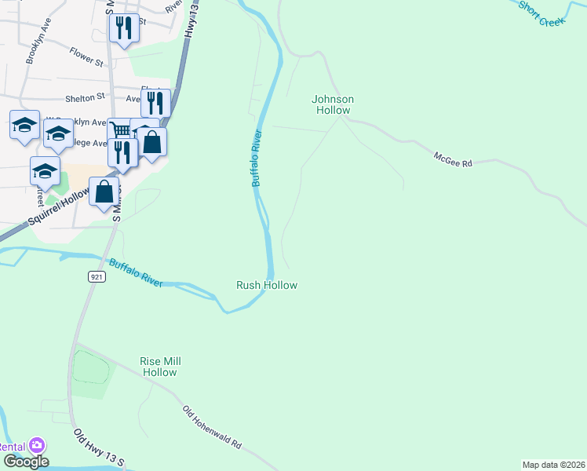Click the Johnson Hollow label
(333, 104)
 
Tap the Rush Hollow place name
(267, 285)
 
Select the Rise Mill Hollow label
(160, 367)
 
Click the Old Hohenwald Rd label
(212, 427)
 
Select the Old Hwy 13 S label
(99, 448)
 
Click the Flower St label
(86, 60)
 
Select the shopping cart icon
(118, 130)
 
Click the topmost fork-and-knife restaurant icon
(124, 28)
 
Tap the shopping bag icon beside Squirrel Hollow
(104, 191)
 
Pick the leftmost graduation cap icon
(24, 124)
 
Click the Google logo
(25, 462)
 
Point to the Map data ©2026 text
(553, 465)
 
